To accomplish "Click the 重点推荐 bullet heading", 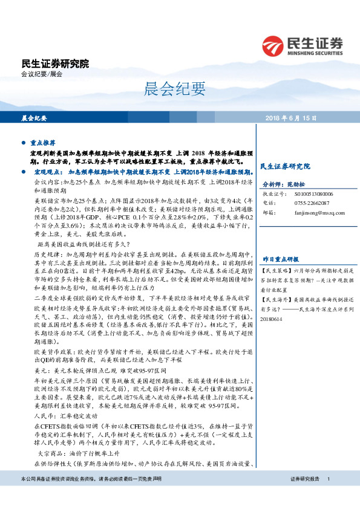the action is (43, 144).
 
